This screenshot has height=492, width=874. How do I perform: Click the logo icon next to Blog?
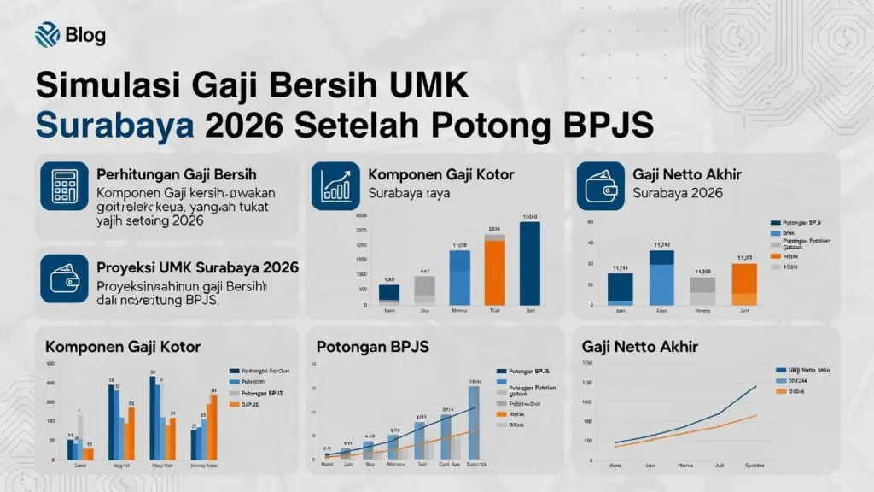coord(46,35)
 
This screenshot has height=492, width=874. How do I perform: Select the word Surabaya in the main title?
coord(114,125)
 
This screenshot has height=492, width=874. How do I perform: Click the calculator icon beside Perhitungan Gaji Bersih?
coord(64,186)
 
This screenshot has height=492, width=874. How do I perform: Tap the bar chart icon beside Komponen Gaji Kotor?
coord(335,186)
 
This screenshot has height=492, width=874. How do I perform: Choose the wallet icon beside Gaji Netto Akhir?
coord(601,186)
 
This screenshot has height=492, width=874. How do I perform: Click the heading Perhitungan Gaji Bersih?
coord(177,174)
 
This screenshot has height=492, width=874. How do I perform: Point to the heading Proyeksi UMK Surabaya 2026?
coord(197,267)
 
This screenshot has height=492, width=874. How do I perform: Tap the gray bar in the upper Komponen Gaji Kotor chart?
coord(424,290)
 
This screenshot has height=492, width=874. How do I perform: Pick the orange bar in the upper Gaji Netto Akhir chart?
coord(744,284)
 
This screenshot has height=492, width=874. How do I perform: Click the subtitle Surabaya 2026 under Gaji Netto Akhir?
coord(678,193)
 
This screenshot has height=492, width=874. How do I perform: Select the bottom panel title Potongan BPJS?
coord(372,348)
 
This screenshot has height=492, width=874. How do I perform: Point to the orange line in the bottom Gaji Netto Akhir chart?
coord(717,426)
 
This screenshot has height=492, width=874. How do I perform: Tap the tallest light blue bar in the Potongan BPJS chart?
coord(474,422)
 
